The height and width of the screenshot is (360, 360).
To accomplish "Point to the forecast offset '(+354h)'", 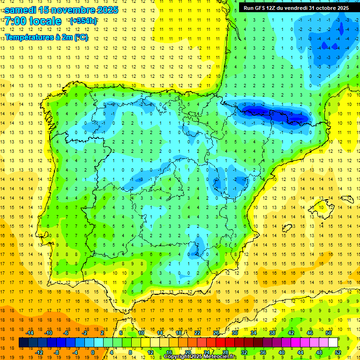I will pyautogui.click(x=83, y=21).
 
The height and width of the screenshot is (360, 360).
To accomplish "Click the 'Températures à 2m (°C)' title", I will pyautogui.click(x=46, y=37).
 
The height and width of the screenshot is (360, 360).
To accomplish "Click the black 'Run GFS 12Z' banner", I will pyautogui.click(x=296, y=8).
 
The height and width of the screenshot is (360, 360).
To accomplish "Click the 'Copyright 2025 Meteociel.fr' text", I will pyautogui.click(x=200, y=357).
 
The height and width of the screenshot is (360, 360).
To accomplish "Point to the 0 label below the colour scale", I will pyautogui.click(x=92, y=352).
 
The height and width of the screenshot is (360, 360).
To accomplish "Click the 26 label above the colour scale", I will pyautogui.click(x=216, y=333).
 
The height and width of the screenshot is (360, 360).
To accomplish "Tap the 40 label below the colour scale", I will pyautogui.click(x=281, y=352).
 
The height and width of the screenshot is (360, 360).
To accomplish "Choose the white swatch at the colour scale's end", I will pyautogui.click(x=333, y=343).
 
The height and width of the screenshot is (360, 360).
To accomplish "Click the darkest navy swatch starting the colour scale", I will pyautogui.click(x=23, y=343).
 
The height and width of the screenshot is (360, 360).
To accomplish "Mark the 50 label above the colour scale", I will pyautogui.click(x=328, y=333).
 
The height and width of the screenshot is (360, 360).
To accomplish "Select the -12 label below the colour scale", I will pyautogui.click(x=39, y=352).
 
